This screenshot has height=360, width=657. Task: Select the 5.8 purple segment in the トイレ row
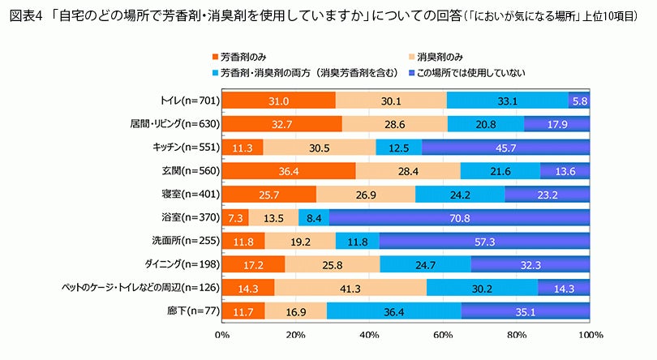[579, 101]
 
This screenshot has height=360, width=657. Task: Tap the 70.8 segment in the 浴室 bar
[459, 217]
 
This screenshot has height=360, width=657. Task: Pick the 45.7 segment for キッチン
[505, 148]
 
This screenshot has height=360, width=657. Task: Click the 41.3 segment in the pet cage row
[350, 288]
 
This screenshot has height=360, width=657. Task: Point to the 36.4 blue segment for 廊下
[393, 311]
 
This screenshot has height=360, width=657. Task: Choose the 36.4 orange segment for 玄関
[288, 171]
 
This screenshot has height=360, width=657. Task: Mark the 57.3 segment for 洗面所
[484, 241]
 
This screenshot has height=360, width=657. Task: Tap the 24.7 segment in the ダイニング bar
[425, 264]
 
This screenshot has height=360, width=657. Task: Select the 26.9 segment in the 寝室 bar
[366, 195]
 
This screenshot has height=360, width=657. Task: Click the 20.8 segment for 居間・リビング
[486, 124]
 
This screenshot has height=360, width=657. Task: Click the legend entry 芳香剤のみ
[243, 58]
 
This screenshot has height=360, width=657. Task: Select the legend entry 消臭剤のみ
[440, 58]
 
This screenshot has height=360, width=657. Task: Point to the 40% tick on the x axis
[369, 334]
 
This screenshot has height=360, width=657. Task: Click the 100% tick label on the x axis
[590, 334]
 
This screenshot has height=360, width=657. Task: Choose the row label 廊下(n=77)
[193, 311]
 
